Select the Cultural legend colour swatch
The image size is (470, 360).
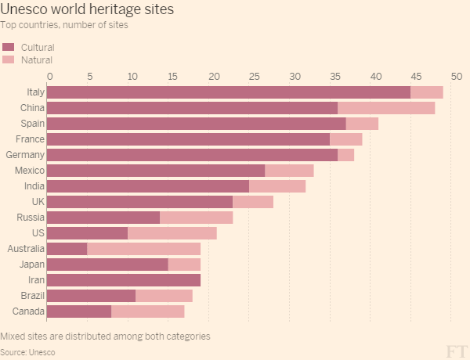tap(9, 48)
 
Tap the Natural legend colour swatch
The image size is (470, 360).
tap(9, 59)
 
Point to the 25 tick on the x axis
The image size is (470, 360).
tap(254, 76)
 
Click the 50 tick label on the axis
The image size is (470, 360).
tap(457, 76)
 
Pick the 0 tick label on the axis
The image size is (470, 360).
tap(50, 76)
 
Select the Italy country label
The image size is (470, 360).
tap(35, 92)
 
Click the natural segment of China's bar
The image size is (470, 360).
tap(386, 108)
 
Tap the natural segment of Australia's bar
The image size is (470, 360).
tap(143, 249)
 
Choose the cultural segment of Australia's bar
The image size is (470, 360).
tap(67, 249)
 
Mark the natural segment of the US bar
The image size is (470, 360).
tap(172, 233)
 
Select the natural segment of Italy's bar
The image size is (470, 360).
tap(426, 92)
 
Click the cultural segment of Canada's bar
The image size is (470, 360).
tap(79, 311)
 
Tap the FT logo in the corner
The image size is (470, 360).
tap(457, 349)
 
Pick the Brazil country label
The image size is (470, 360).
tap(33, 296)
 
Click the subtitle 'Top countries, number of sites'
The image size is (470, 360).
tap(64, 25)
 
